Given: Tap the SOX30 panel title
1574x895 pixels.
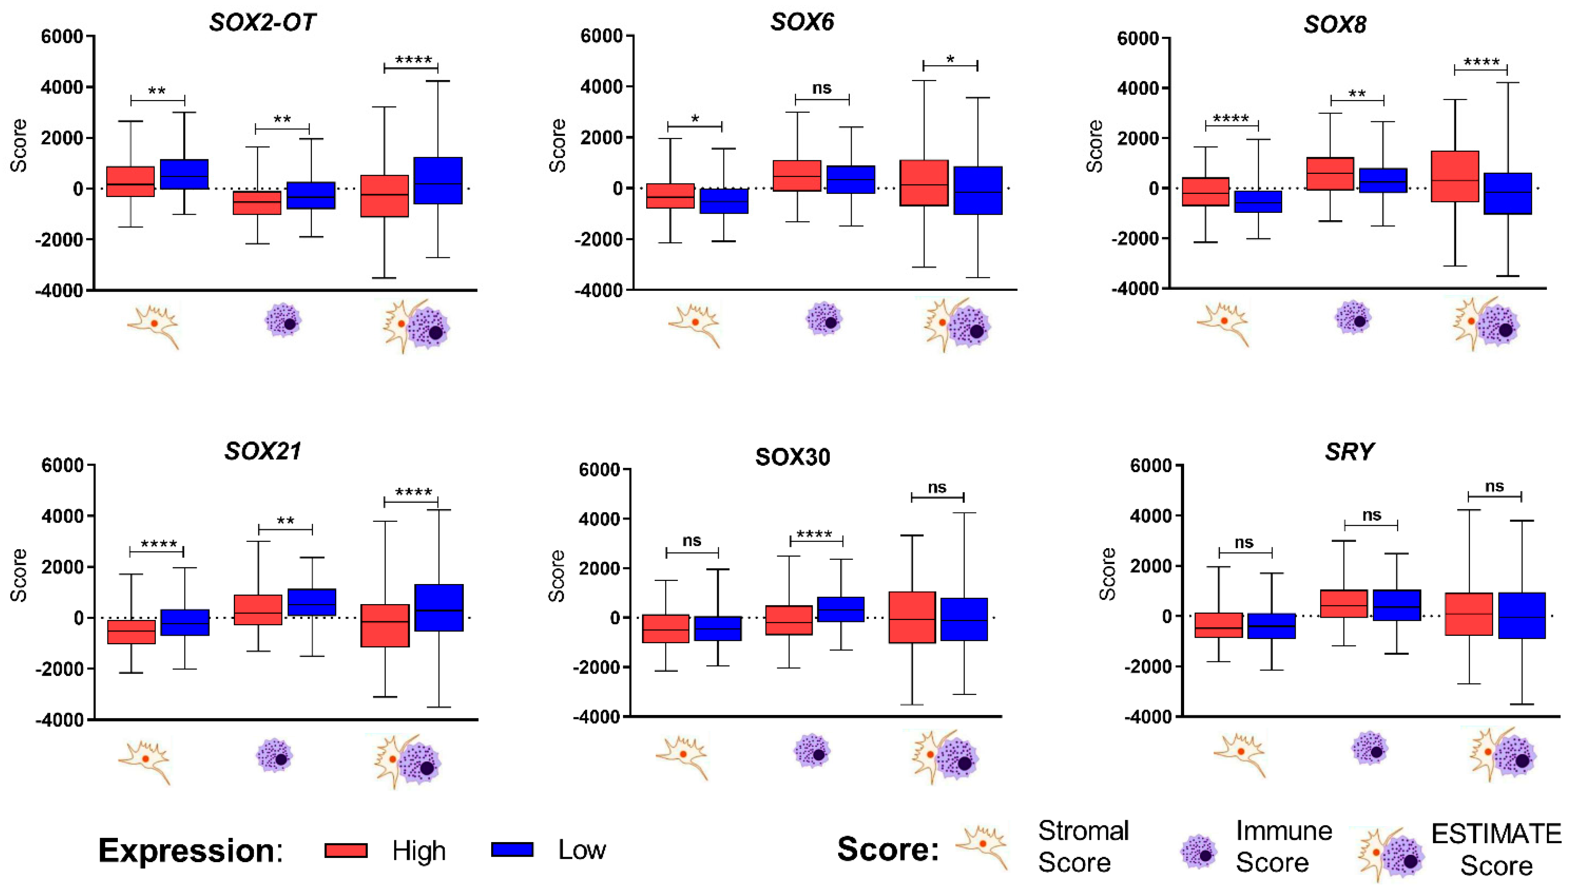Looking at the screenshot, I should [793, 457].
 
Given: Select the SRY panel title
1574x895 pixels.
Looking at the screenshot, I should [1349, 452].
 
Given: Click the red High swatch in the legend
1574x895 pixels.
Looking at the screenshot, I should [346, 850].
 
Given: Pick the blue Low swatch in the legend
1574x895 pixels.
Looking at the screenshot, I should [512, 849].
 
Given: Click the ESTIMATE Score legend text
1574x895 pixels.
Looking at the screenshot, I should [1496, 849].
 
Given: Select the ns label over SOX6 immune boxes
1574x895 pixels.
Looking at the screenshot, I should [822, 88].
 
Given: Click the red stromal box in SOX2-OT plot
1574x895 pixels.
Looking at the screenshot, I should [130, 181].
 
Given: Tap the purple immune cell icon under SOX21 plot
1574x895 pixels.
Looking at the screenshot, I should [275, 756].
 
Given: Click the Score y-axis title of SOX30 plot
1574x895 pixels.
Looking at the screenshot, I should [556, 576].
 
